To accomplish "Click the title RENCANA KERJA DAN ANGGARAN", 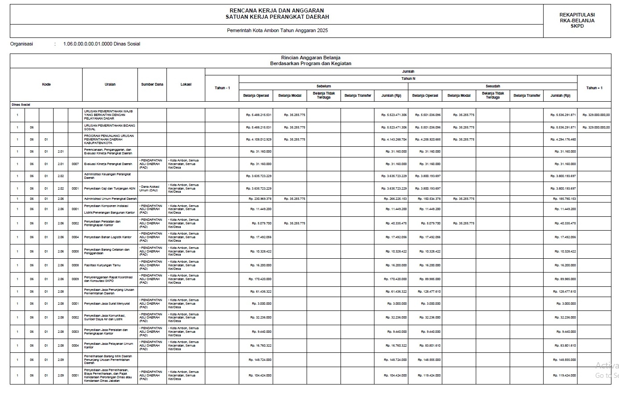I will click(277, 10).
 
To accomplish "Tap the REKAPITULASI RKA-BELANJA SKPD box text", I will click(577, 21).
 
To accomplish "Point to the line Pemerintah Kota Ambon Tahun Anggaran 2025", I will click(277, 31).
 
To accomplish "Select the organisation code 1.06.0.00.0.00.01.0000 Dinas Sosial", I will click(102, 44).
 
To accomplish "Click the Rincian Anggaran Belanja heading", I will click(310, 58).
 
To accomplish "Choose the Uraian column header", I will click(110, 84).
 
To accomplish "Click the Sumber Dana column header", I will click(152, 84).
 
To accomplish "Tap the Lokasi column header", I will click(186, 84).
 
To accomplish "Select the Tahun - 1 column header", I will click(222, 88).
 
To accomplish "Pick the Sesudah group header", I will click(493, 86).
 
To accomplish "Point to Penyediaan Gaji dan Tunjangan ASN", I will click(109, 188).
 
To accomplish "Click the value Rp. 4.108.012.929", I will click(259, 140).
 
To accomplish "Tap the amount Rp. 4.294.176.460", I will click(563, 140).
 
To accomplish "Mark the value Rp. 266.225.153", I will click(394, 199).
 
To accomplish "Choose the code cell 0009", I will click(75, 279).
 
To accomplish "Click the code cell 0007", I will click(75, 164).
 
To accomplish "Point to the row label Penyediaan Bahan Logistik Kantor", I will click(108, 237).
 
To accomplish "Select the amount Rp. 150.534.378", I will click(429, 199).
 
